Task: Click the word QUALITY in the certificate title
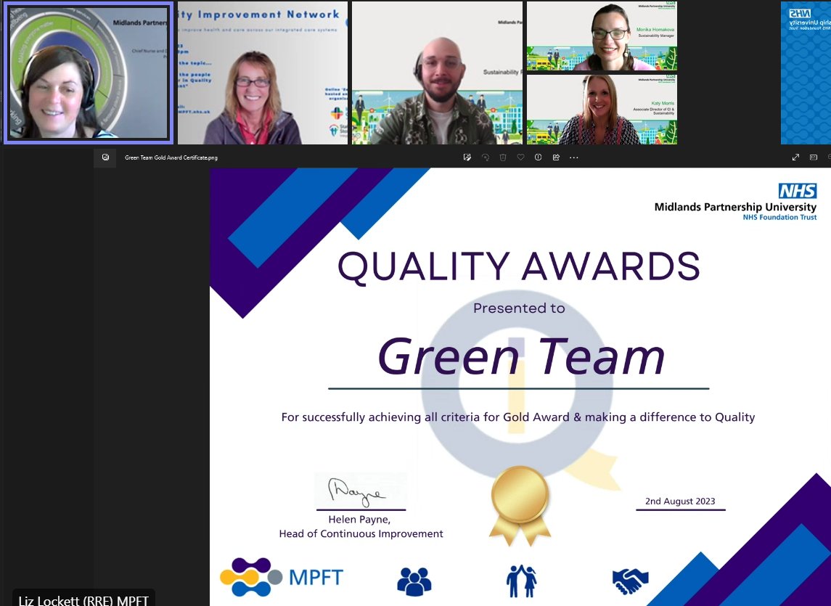[422, 266]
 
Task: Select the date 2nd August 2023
[680, 501]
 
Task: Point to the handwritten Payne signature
[359, 491]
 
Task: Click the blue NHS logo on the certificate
[797, 191]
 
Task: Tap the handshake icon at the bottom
[630, 580]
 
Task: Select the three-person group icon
[414, 581]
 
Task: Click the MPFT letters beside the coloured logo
[316, 578]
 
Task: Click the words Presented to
[519, 308]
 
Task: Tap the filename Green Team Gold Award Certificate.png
[171, 157]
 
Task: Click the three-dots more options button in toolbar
[574, 157]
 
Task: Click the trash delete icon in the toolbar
[503, 157]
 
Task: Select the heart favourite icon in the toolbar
[520, 157]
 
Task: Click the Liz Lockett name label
[84, 599]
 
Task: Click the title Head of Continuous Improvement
[361, 533]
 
